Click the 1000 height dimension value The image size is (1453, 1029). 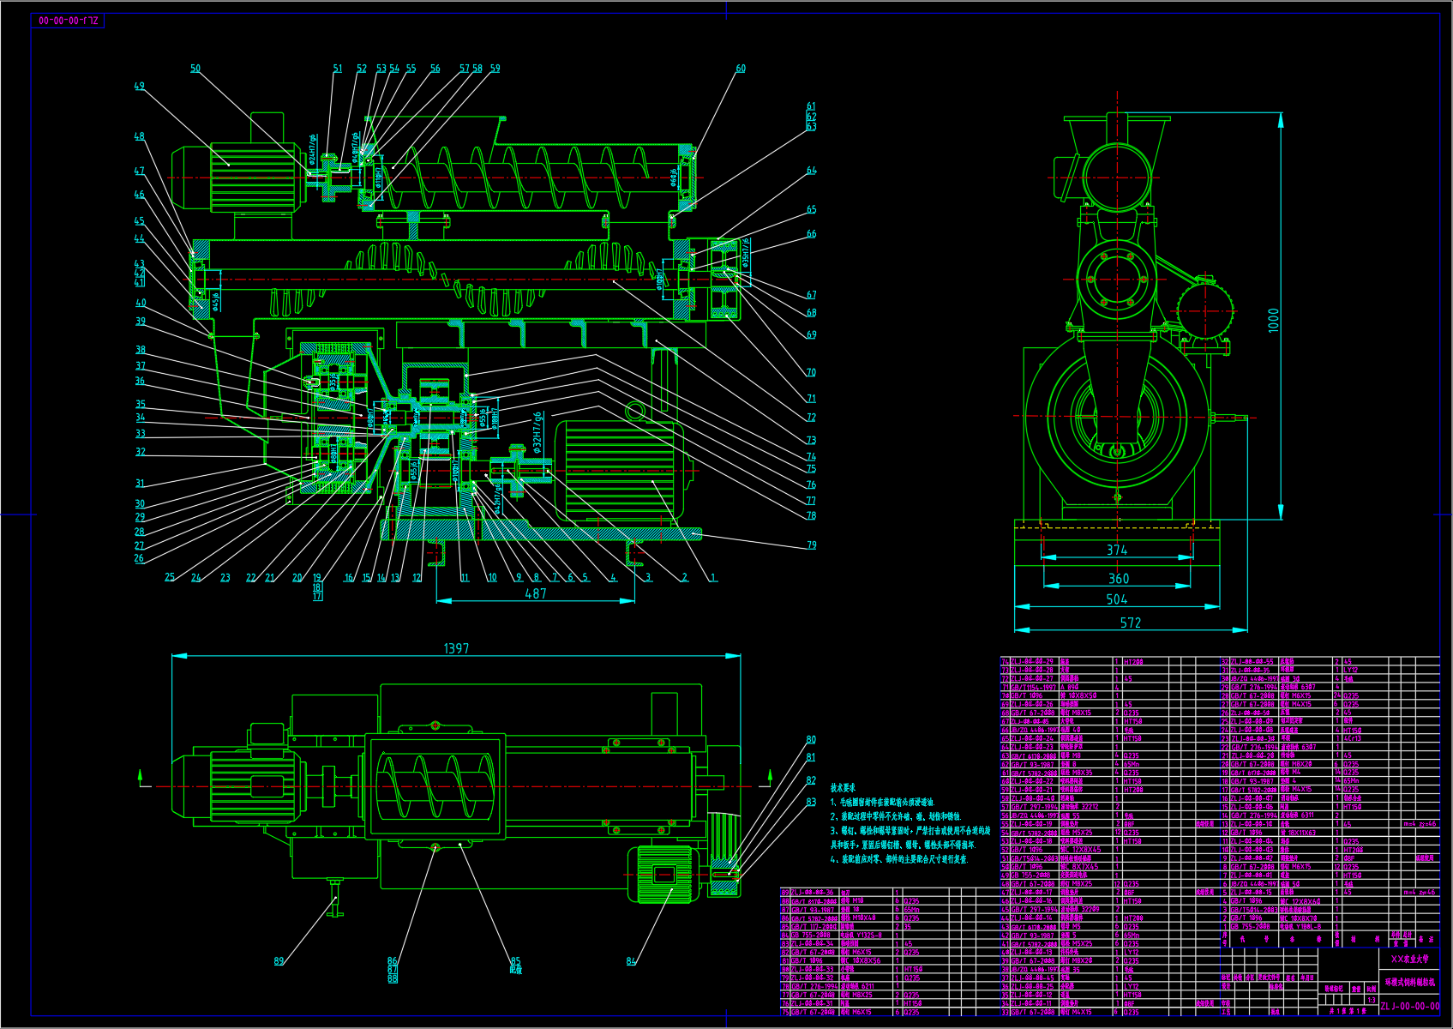[x=1274, y=319]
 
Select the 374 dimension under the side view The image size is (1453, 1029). [x=1117, y=551]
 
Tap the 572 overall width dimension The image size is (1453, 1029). [x=1131, y=623]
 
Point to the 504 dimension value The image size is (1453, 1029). [x=1117, y=599]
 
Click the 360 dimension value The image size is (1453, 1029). [x=1119, y=579]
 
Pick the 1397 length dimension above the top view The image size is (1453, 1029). [x=456, y=649]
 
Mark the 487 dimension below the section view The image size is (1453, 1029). [x=536, y=593]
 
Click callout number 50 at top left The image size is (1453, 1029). [x=195, y=69]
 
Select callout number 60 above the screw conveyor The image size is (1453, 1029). [x=741, y=69]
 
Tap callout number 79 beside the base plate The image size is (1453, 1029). [x=811, y=545]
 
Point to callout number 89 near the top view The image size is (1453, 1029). [x=279, y=961]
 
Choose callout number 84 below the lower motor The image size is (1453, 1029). [x=631, y=961]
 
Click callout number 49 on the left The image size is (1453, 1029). [x=140, y=86]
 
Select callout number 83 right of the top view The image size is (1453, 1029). [x=811, y=802]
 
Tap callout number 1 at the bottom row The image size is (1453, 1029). [x=713, y=578]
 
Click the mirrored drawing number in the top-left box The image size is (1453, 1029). [x=68, y=21]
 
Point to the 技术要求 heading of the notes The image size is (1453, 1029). [x=843, y=787]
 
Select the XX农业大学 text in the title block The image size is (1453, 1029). [x=1410, y=960]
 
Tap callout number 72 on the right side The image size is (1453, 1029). [x=811, y=418]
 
